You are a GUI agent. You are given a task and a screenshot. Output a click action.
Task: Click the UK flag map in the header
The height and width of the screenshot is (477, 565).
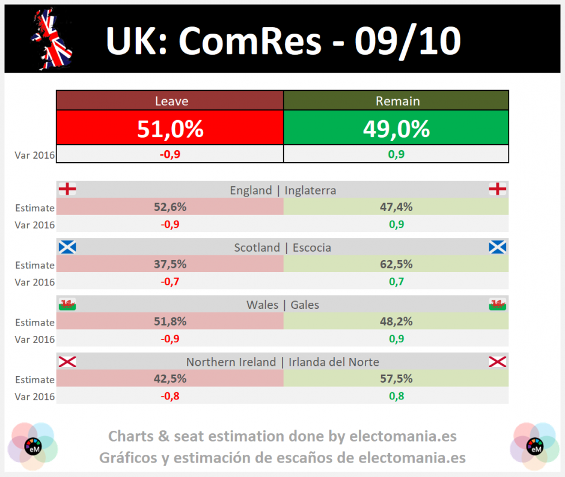(x=52, y=39)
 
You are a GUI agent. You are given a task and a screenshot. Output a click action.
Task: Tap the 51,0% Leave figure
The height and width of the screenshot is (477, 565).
(x=170, y=129)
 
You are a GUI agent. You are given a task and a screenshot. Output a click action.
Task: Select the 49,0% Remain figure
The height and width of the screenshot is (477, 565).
(x=396, y=129)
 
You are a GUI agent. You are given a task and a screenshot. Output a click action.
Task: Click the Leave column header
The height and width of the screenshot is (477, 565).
(x=171, y=102)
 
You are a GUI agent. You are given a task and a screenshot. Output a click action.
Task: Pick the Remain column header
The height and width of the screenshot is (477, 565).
(x=398, y=102)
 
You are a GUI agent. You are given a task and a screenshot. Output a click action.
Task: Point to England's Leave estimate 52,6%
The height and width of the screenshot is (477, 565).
(x=170, y=207)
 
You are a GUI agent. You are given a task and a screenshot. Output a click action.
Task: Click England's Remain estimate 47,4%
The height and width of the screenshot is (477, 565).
(x=396, y=207)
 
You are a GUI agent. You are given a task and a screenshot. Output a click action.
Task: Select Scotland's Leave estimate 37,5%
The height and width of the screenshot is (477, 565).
(x=170, y=264)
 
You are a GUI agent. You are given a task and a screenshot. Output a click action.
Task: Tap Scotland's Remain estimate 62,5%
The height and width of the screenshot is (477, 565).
(x=396, y=264)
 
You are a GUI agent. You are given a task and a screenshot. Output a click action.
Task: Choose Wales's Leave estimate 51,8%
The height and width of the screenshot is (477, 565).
(x=170, y=321)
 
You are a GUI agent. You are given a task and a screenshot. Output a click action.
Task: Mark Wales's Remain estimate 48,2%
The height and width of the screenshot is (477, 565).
(x=396, y=321)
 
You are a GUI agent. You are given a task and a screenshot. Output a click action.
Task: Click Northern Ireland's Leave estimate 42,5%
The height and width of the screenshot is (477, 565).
(x=170, y=378)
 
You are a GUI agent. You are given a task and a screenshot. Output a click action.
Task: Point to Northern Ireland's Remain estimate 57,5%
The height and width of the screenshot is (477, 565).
(x=396, y=378)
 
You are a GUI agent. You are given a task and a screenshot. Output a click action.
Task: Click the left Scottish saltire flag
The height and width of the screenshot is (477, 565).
(x=67, y=247)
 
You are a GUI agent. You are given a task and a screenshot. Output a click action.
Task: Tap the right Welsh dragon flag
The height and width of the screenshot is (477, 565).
(x=498, y=305)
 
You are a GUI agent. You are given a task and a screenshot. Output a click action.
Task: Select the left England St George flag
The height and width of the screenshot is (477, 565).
(x=67, y=189)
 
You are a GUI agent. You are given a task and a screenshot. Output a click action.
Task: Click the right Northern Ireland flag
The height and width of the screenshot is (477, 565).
(x=498, y=361)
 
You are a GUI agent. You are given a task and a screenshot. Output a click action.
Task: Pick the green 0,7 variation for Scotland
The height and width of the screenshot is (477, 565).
(x=396, y=281)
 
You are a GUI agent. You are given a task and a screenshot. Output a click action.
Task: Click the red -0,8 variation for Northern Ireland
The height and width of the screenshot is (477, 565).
(x=170, y=396)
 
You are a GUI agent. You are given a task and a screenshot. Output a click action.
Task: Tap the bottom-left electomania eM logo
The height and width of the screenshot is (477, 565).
(x=33, y=446)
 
